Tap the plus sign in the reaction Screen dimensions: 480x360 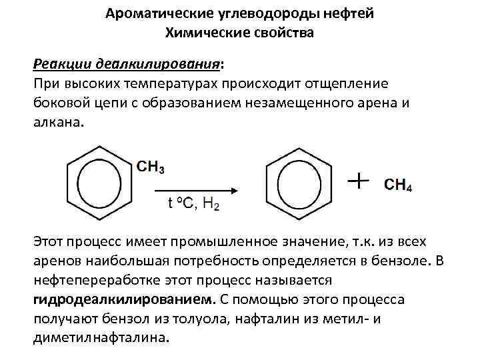[359, 181]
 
